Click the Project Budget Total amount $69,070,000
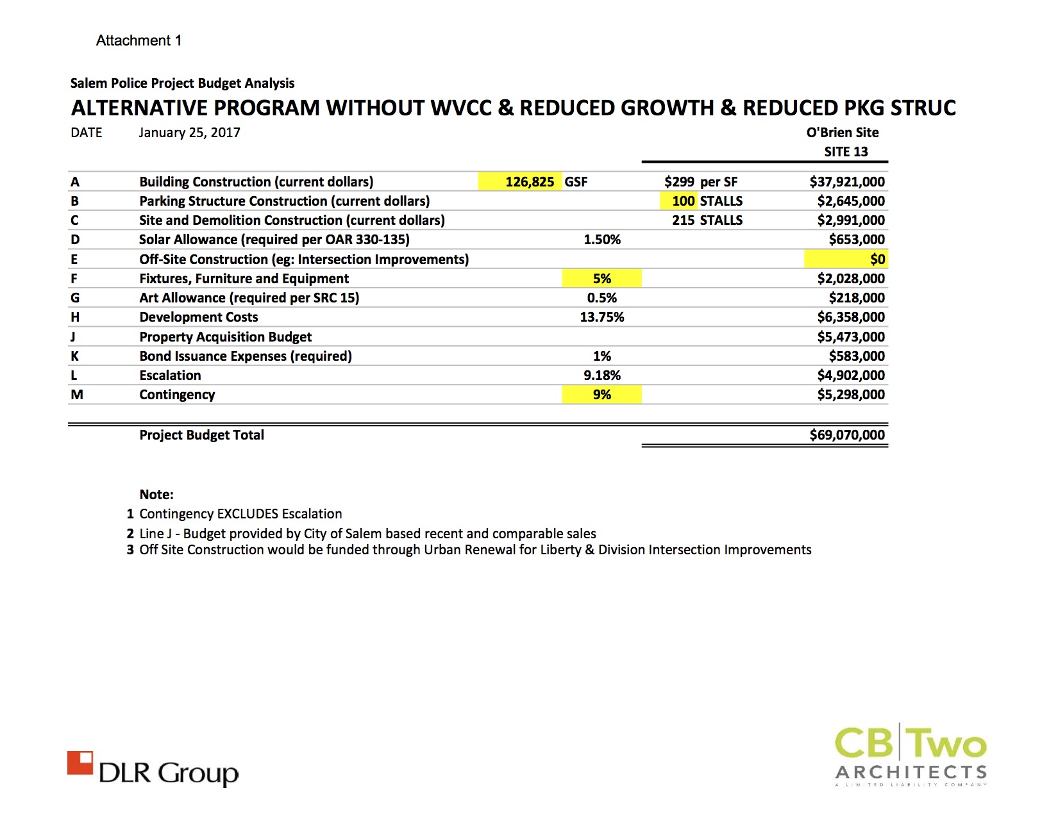(846, 435)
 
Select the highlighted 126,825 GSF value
(529, 182)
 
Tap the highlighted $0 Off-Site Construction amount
(877, 260)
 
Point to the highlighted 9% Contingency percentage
(601, 395)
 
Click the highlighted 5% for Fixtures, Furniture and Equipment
(601, 279)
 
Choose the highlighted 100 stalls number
(683, 201)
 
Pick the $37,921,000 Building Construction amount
(846, 182)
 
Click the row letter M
(77, 395)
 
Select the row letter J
(73, 337)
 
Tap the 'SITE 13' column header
(846, 152)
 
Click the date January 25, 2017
(189, 133)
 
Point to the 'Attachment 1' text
(139, 40)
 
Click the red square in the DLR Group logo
(80, 763)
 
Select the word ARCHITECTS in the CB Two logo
(911, 772)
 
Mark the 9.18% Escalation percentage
(601, 375)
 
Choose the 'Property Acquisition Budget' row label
(225, 337)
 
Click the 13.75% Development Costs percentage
(601, 317)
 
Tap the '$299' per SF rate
(679, 182)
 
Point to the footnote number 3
(130, 550)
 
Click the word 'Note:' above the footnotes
(156, 495)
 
